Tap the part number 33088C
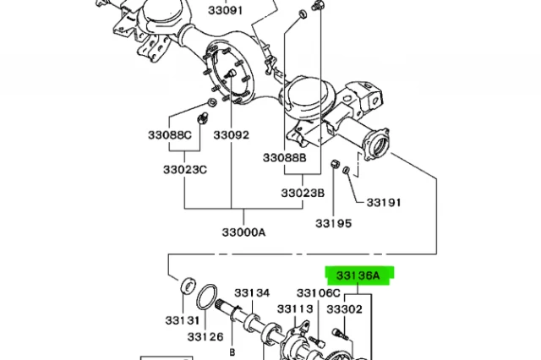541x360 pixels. pyautogui.click(x=167, y=135)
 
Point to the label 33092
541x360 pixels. pyautogui.click(x=231, y=135)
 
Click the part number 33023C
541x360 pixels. pyautogui.click(x=184, y=170)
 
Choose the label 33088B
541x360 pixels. pyautogui.click(x=284, y=158)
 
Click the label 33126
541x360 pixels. pyautogui.click(x=205, y=337)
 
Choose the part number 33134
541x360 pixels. pyautogui.click(x=252, y=292)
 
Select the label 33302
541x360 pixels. pyautogui.click(x=345, y=310)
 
